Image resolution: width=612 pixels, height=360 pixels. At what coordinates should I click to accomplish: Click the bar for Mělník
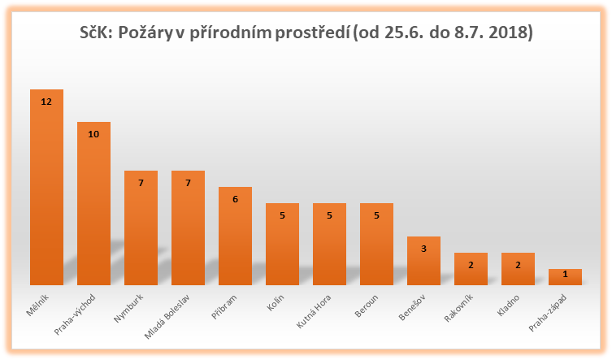pos(46,187)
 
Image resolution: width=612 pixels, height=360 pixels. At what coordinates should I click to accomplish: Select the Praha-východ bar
pos(93,203)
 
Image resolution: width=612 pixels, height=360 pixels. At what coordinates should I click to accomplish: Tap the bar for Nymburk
pos(141,228)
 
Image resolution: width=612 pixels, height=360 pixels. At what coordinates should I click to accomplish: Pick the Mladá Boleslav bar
pos(188,228)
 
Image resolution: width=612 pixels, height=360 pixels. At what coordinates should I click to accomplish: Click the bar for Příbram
pos(235,236)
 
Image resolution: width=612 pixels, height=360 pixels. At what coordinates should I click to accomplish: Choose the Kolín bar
pos(282,244)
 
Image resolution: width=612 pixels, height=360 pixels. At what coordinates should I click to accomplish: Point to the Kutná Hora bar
pos(329,244)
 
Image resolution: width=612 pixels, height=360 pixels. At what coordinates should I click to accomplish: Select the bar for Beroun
pos(376,244)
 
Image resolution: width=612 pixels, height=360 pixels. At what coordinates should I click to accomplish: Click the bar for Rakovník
pos(471,269)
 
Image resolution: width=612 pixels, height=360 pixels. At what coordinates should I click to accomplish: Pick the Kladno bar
pos(518,269)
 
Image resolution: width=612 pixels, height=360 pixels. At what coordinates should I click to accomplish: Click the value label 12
pos(46,102)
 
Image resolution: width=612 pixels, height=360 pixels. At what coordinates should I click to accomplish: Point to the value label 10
pos(93,134)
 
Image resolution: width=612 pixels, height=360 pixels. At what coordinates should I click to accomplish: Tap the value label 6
pos(235,199)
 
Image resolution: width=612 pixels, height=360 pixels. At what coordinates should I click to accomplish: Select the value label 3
pos(423,249)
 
